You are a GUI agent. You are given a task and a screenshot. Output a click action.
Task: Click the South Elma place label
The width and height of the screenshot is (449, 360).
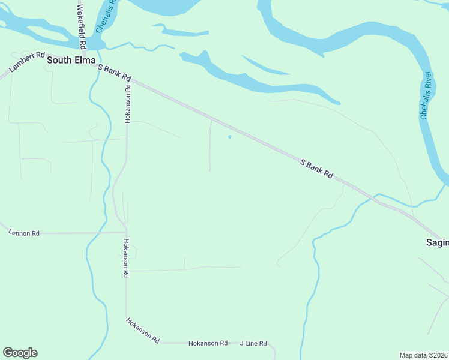(x=71, y=60)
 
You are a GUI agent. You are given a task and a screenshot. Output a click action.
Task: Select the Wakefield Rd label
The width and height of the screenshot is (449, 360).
(x=82, y=26)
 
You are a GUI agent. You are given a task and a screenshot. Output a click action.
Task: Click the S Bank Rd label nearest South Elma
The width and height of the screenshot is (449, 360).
(x=114, y=74)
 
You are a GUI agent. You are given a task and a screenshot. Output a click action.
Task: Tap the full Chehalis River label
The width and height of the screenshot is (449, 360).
(x=426, y=95)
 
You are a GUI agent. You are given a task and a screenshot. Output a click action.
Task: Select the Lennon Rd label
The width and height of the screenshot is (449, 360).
(x=24, y=233)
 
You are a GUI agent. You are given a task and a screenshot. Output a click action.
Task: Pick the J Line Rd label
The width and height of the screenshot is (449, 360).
(x=253, y=343)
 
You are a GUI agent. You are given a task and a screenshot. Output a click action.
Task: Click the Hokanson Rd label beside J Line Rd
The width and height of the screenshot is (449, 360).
(x=208, y=343)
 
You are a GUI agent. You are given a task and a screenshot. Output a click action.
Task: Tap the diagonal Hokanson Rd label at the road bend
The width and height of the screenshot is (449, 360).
(x=143, y=330)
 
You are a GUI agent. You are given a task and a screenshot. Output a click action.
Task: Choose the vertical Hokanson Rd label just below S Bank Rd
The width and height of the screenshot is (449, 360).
(x=127, y=103)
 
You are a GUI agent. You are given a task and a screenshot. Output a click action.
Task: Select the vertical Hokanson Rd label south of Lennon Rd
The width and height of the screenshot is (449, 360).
(x=126, y=257)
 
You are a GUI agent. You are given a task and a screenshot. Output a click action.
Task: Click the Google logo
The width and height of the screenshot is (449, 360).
(x=20, y=353)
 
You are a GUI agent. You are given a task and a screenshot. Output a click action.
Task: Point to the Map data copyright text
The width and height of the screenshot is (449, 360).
(x=423, y=355)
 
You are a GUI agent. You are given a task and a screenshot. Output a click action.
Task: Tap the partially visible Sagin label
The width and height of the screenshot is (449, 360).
(x=437, y=242)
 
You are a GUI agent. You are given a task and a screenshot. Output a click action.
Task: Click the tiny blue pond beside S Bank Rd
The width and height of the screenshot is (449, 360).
(x=229, y=137)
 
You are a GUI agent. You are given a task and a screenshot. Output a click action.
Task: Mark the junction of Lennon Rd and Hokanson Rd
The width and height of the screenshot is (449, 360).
(x=126, y=232)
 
